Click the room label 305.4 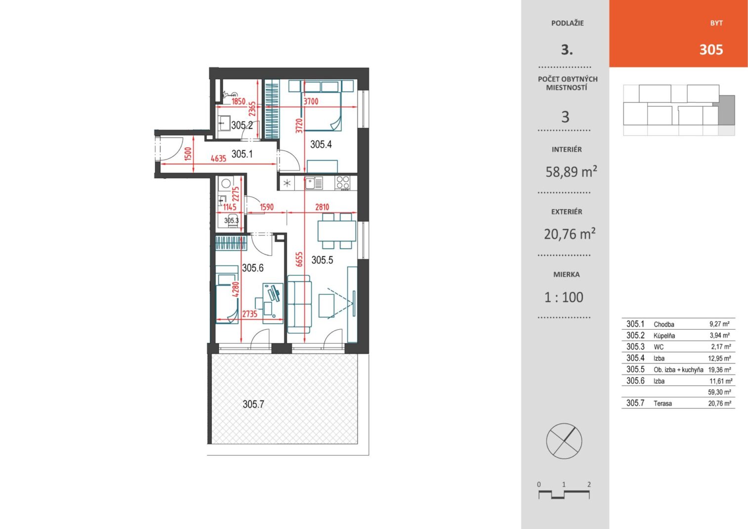point(321,144)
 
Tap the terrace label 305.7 point(253,404)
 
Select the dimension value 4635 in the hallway point(218,158)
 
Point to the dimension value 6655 point(299,260)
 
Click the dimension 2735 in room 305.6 point(250,314)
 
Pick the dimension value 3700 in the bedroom point(311,101)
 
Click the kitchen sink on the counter point(314,183)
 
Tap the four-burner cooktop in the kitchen point(343,183)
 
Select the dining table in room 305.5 point(336,230)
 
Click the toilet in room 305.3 point(233,221)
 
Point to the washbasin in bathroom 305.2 point(224,123)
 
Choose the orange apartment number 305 point(711,50)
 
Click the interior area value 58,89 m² point(571,172)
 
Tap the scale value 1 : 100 point(564,297)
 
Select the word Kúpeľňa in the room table point(664,336)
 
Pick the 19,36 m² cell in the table point(720,370)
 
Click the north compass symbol point(564,441)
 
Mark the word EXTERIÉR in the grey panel point(567,212)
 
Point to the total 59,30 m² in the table point(720,392)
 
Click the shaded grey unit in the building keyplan point(727,110)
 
